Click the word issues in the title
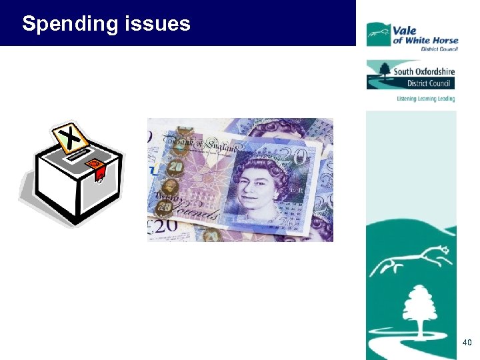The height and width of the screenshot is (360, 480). pyautogui.click(x=157, y=24)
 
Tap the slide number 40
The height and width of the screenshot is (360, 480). pyautogui.click(x=467, y=343)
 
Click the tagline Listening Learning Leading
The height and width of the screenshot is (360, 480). pyautogui.click(x=425, y=99)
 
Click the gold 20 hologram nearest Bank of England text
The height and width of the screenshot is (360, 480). pyautogui.click(x=176, y=167)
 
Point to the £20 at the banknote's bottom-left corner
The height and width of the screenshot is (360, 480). pyautogui.click(x=162, y=225)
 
